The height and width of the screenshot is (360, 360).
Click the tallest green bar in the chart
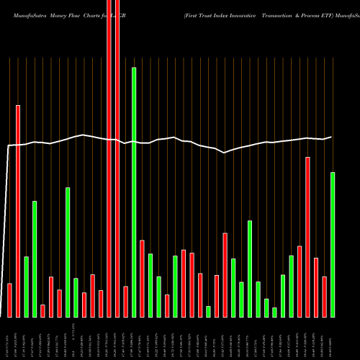(x=134, y=192)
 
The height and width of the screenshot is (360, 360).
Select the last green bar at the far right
(x=333, y=244)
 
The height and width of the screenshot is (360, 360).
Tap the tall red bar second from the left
(x=18, y=210)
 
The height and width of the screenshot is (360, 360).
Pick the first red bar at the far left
(x=9, y=300)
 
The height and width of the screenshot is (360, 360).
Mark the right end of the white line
(x=331, y=137)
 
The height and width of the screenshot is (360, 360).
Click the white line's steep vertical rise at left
(x=6, y=230)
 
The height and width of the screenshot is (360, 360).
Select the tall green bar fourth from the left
(x=35, y=258)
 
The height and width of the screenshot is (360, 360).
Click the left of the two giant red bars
(x=109, y=158)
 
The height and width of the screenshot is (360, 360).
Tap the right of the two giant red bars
(x=117, y=158)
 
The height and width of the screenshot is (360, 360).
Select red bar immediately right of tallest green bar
(x=143, y=278)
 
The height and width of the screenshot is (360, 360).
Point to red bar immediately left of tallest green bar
(x=126, y=301)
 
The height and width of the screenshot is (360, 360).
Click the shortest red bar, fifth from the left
(x=42, y=310)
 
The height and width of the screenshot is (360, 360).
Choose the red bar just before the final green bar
(x=324, y=296)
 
